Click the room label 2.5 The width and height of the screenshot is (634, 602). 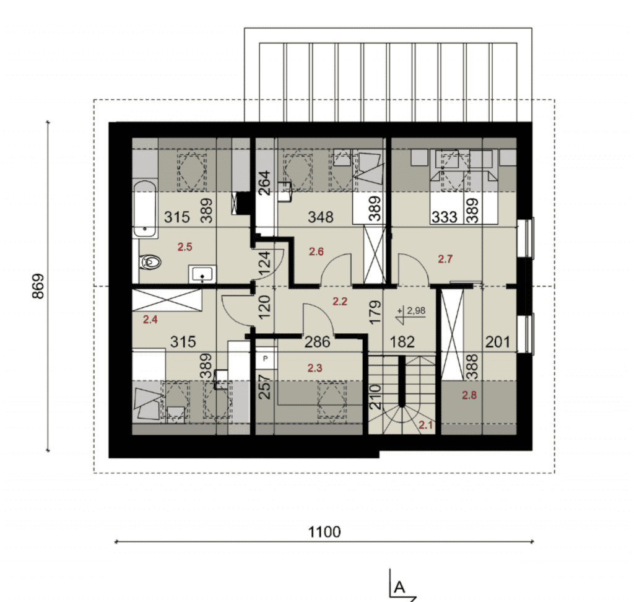tap(185, 246)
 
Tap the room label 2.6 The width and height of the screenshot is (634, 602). tap(316, 251)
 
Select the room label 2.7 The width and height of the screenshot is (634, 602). tap(445, 259)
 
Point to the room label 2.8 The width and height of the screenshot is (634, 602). tap(469, 395)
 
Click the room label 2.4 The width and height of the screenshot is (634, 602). tap(150, 320)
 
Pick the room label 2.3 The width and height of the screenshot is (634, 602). tap(315, 368)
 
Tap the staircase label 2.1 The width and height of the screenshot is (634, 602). tap(426, 425)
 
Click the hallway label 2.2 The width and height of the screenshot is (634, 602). tap(340, 302)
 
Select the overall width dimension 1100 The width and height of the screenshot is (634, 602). tap(324, 531)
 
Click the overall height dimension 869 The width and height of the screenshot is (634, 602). tap(38, 286)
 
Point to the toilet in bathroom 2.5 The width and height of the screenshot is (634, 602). tap(150, 262)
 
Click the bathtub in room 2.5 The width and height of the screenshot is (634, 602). tap(144, 209)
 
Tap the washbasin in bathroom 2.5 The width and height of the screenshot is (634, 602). tap(202, 274)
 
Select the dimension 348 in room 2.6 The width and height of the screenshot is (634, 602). tap(321, 217)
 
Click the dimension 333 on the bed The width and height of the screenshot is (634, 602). tap(444, 217)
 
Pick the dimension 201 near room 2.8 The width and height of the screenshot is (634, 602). tap(497, 342)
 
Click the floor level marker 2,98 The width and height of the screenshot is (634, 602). tap(416, 311)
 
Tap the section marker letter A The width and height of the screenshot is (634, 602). tap(399, 587)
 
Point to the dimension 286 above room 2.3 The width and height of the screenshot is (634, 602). tap(318, 342)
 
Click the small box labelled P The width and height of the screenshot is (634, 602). tap(265, 359)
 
